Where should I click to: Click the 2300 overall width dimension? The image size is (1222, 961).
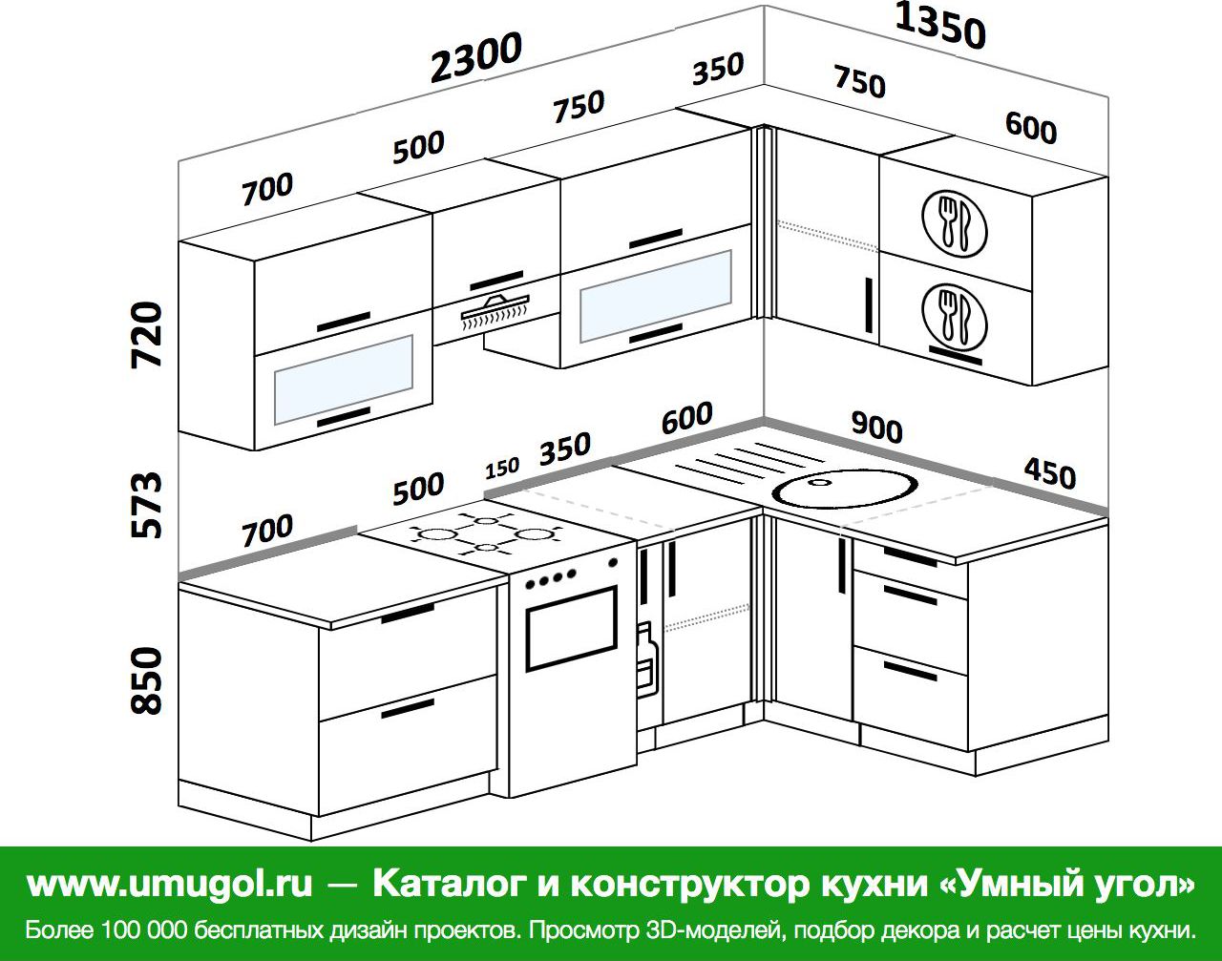tap(475, 56)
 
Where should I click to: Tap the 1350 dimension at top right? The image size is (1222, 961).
tap(939, 26)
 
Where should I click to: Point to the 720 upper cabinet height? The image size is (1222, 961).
tap(146, 335)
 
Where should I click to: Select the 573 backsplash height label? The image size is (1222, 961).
tap(146, 505)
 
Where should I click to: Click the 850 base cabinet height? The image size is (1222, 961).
tap(146, 680)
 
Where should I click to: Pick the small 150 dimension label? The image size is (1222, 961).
tap(502, 469)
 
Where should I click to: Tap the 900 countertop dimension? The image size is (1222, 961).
tap(876, 428)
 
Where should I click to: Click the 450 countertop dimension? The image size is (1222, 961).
tap(1050, 474)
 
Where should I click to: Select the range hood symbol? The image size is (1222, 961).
tap(495, 312)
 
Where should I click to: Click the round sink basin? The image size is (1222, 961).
tap(844, 488)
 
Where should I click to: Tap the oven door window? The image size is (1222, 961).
tap(571, 629)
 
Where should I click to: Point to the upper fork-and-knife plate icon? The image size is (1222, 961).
tap(954, 223)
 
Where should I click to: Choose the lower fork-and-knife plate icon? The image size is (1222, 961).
tap(954, 317)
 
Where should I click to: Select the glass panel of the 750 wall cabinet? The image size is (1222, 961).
tap(656, 295)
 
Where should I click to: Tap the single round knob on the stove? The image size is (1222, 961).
tap(613, 562)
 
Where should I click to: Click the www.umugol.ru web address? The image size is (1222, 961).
tap(169, 884)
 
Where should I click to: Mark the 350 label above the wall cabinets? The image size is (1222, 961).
tap(718, 69)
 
